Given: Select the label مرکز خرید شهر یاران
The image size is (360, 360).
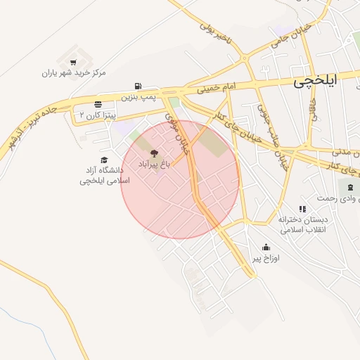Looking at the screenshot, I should click(x=73, y=72).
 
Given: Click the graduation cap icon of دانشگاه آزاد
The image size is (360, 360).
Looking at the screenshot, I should click(x=104, y=160).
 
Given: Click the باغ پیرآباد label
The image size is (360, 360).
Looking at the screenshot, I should click(x=155, y=164).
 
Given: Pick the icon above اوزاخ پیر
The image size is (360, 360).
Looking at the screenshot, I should click(x=266, y=247).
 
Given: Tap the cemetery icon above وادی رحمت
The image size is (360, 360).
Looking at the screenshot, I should click(x=349, y=187).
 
